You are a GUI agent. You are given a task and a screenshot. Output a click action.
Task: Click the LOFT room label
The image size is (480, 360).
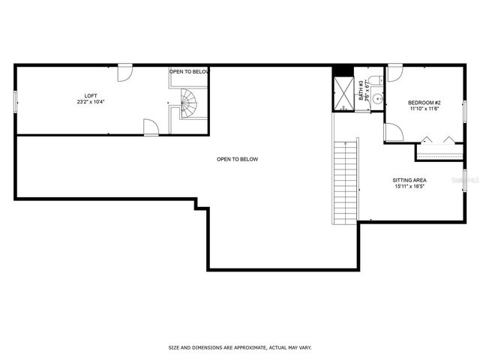tap(91, 95)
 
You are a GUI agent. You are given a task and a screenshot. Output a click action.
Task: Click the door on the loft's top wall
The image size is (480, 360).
tap(125, 73)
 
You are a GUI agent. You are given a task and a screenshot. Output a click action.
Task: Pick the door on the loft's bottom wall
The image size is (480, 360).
tap(151, 128)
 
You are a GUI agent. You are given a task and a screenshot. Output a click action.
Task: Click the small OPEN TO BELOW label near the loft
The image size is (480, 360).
tap(188, 71)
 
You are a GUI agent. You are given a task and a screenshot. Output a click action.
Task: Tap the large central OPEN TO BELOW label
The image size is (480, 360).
tap(237, 159)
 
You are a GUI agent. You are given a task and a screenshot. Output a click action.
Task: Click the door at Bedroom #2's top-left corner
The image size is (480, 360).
tap(394, 73)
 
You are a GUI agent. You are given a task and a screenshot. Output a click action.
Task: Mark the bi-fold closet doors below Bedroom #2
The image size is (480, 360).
tap(439, 139)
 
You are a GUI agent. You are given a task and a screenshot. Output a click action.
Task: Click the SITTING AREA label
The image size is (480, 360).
tap(409, 180)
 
